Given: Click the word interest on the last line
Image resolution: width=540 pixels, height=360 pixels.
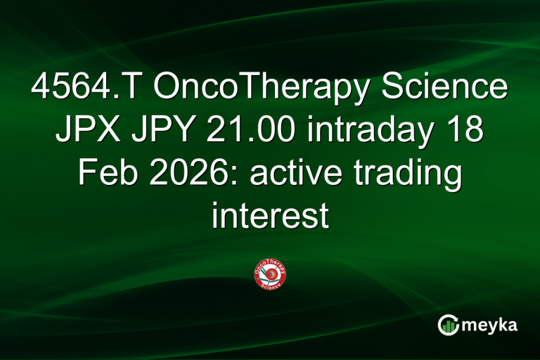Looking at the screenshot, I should [x=270, y=215].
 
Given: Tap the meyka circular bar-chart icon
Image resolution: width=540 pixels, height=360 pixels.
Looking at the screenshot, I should [x=448, y=325].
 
